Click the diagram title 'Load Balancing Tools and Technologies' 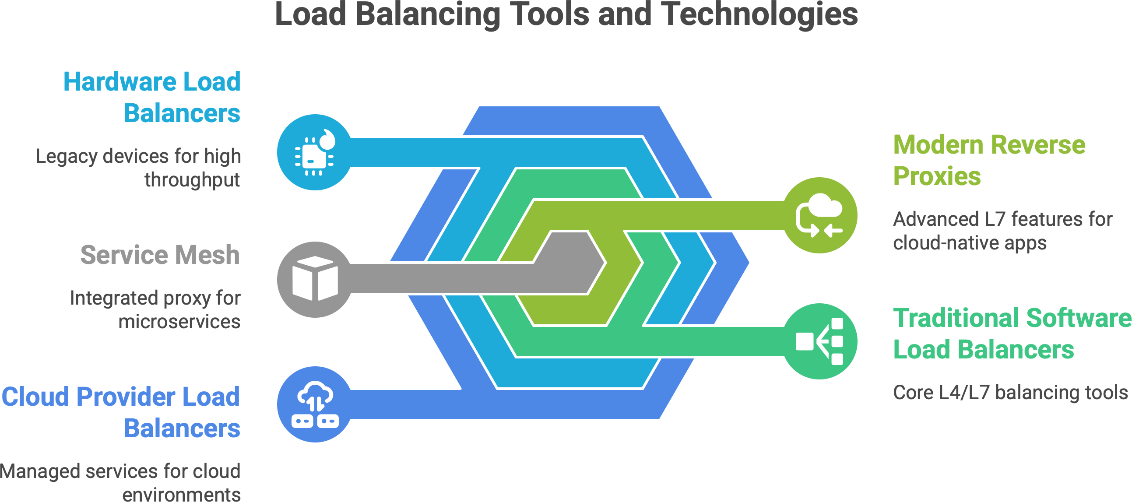(566, 14)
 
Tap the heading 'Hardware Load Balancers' (152, 97)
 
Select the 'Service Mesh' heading (160, 255)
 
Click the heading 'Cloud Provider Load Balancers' (121, 412)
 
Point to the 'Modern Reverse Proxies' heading (989, 160)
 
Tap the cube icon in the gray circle (315, 279)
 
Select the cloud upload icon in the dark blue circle (315, 404)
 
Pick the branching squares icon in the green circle (819, 341)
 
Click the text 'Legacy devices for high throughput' (138, 168)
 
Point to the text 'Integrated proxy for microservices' (155, 309)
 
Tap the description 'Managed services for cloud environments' (120, 482)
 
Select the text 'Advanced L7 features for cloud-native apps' (1002, 231)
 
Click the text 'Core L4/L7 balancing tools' (1010, 392)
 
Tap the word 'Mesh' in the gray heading (207, 255)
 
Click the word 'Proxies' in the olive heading (937, 176)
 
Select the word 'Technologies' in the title (759, 14)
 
